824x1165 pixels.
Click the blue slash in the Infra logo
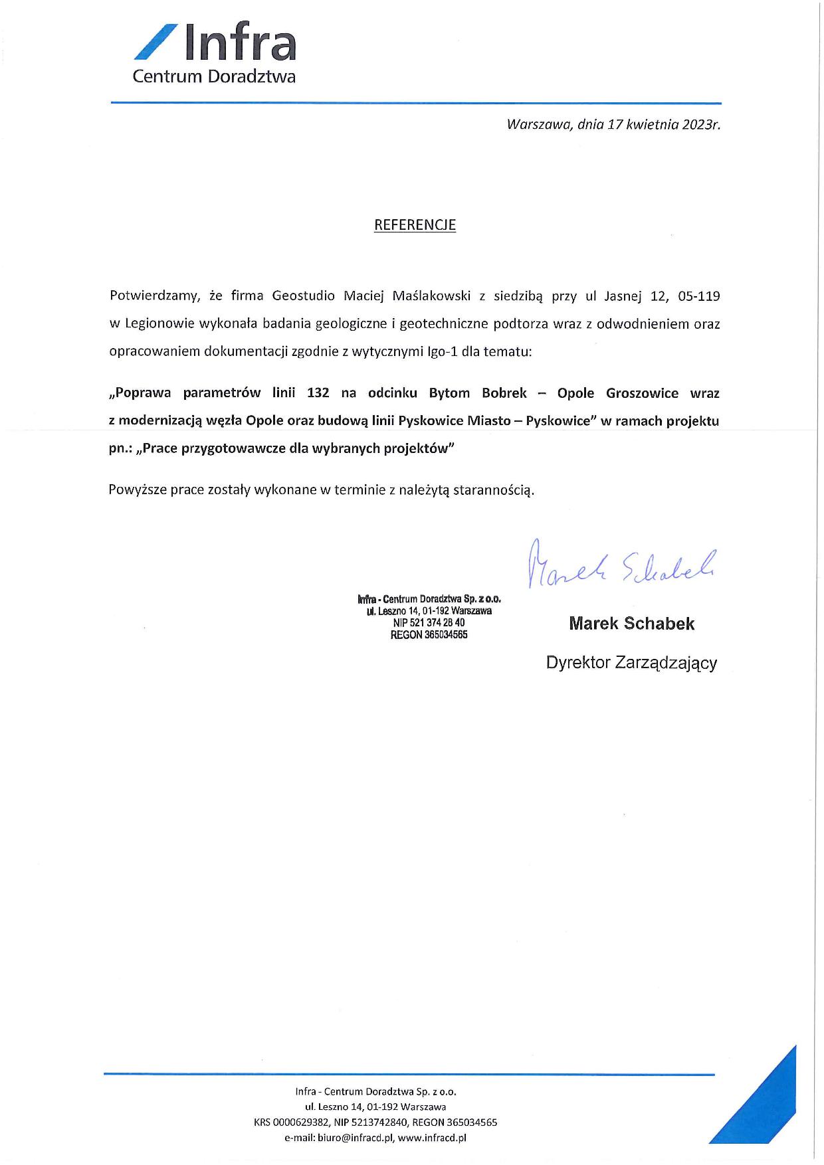coord(155,41)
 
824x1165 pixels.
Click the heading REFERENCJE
coord(415,225)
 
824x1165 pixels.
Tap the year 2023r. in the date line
coord(702,124)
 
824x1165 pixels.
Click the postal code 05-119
coord(698,296)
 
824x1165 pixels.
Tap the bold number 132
coord(318,393)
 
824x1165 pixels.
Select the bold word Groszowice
coord(642,393)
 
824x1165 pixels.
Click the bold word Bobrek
coord(504,393)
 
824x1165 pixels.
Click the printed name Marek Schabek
coord(631,624)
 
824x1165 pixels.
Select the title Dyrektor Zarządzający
coord(631,663)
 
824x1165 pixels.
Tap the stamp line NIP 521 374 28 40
coord(429,623)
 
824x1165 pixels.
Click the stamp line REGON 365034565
coord(429,635)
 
